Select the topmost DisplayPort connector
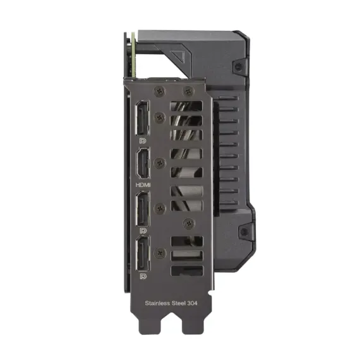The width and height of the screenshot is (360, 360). (141, 119)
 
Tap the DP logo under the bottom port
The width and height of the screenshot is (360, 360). (143, 277)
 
